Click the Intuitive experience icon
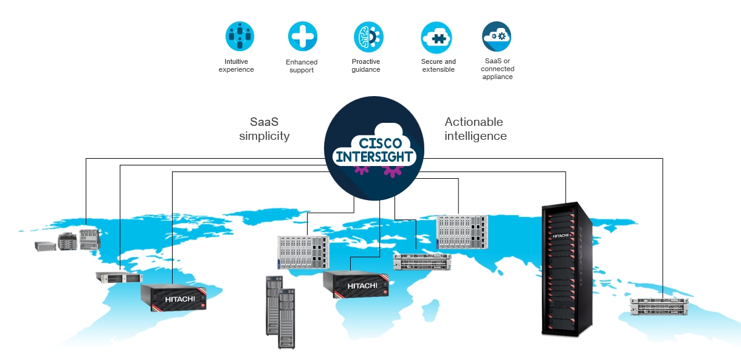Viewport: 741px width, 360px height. [240, 36]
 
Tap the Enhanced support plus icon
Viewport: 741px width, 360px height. [302, 36]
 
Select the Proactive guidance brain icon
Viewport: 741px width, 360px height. [368, 36]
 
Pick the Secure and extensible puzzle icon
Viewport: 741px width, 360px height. [436, 37]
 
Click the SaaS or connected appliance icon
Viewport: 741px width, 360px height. [497, 36]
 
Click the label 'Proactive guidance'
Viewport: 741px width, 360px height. [366, 66]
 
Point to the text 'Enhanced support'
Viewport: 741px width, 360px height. [302, 66]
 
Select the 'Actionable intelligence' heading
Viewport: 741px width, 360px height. [475, 129]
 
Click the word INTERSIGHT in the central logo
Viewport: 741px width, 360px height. [375, 157]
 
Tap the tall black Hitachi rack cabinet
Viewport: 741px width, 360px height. [567, 268]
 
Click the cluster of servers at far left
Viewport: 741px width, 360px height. [67, 240]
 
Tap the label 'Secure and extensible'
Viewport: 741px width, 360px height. [438, 66]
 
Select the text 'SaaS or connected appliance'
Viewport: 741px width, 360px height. [497, 69]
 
